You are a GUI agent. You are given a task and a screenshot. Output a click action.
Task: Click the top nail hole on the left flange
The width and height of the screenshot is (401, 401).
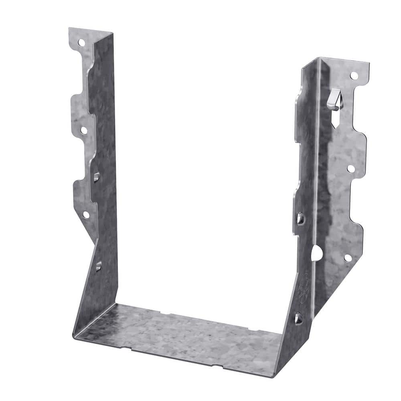[81, 42]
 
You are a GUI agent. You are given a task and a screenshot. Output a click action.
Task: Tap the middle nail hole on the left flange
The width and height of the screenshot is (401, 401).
[84, 130]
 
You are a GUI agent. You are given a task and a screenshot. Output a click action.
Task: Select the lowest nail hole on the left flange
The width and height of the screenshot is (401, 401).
[86, 215]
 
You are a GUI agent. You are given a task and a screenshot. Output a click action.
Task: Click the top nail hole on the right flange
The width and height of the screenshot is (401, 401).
[354, 75]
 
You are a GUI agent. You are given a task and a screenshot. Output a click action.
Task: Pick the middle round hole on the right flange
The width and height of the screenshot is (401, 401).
[351, 169]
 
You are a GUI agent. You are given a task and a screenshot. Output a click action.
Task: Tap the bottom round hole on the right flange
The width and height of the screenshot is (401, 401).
[348, 258]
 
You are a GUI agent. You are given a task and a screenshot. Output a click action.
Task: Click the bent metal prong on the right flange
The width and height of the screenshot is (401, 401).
[334, 99]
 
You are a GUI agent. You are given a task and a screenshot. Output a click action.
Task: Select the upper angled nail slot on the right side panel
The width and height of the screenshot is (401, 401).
[300, 219]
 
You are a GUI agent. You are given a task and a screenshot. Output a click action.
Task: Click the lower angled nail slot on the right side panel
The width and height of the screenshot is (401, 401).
[298, 318]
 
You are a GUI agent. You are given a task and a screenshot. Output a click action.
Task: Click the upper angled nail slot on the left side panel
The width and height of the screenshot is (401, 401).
[97, 176]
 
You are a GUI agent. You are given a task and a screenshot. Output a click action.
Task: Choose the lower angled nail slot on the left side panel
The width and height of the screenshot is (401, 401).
[98, 265]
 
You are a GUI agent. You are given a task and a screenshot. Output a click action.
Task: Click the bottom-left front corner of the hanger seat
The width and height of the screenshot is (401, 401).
[75, 336]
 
